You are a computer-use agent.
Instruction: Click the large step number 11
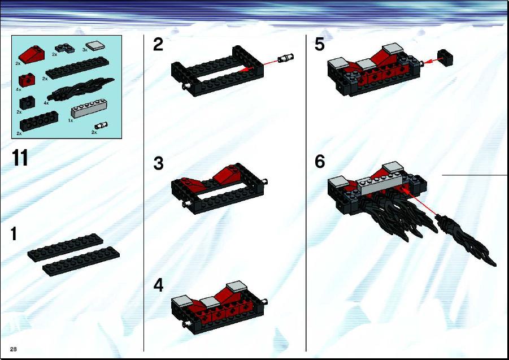click(x=20, y=158)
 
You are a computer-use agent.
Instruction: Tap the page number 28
click(x=14, y=349)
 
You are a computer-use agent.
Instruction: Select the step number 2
click(x=158, y=45)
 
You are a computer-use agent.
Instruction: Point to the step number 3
click(x=158, y=163)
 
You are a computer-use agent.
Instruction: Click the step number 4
click(x=158, y=285)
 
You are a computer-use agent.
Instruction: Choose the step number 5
click(x=319, y=44)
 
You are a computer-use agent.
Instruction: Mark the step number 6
click(x=320, y=162)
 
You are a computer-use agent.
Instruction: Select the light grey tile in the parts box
click(x=95, y=46)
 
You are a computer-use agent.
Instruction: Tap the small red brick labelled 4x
click(x=27, y=80)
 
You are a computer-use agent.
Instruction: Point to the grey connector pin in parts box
click(x=101, y=125)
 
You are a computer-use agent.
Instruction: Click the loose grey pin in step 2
click(x=286, y=58)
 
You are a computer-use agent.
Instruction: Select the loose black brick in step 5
click(x=445, y=58)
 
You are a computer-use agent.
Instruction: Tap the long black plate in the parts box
click(x=77, y=68)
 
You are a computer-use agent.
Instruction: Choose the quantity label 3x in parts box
click(x=85, y=50)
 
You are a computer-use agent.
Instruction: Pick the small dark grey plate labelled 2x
click(x=64, y=49)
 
